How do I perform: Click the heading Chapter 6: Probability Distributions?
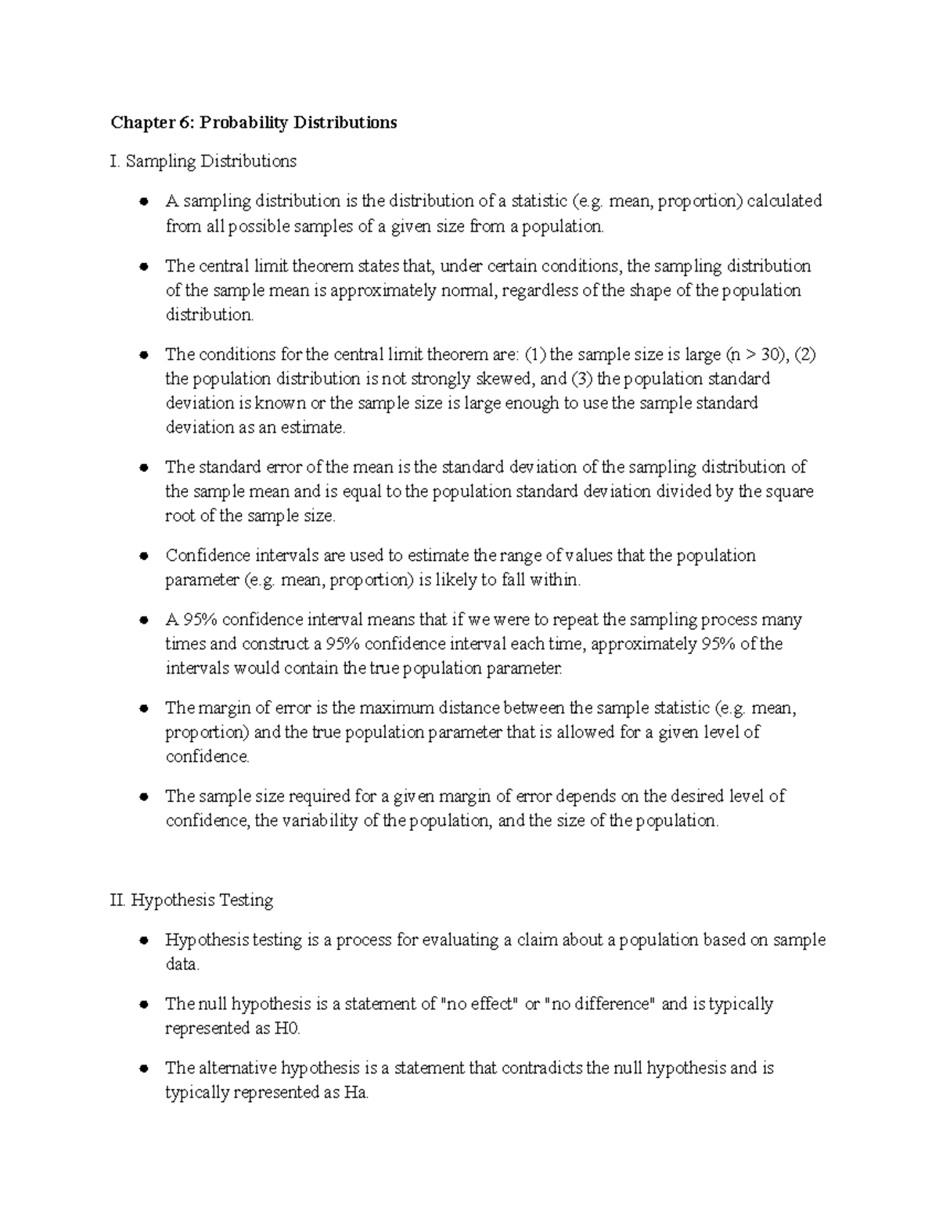[254, 123]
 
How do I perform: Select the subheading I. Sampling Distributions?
[203, 162]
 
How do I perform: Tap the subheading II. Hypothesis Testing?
[192, 900]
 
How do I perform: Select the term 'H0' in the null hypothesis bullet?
[287, 1029]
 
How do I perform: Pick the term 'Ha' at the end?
[355, 1093]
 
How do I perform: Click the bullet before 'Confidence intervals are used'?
[143, 556]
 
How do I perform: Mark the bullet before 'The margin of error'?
[143, 709]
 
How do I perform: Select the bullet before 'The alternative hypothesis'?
[143, 1069]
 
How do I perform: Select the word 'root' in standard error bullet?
[179, 516]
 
